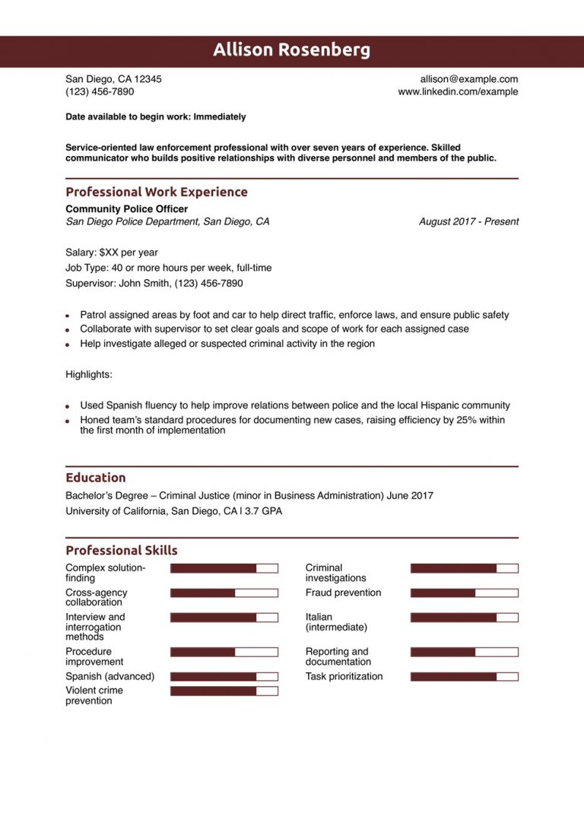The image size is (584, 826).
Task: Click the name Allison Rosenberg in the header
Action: point(292,50)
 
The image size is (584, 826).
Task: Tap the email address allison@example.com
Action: point(468,79)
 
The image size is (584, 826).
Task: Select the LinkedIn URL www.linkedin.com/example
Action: point(458,92)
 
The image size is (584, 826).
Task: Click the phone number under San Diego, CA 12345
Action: point(100,92)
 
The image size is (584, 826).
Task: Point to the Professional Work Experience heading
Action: point(156,192)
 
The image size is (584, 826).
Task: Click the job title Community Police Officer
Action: point(126,209)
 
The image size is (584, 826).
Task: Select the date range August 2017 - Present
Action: point(468,222)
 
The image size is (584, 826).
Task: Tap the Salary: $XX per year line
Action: point(112,253)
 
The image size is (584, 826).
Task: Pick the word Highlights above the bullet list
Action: point(89,375)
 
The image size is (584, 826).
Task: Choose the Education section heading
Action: point(96,478)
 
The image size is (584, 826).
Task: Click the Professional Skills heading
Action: point(122,551)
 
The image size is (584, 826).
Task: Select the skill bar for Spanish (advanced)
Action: point(224,676)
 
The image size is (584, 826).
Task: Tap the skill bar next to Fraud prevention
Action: point(464,592)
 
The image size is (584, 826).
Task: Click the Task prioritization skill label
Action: point(344,676)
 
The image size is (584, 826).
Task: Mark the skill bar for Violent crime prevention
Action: point(224,691)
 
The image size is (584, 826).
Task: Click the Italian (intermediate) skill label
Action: point(336,622)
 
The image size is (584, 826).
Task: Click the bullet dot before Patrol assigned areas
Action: point(68,316)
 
